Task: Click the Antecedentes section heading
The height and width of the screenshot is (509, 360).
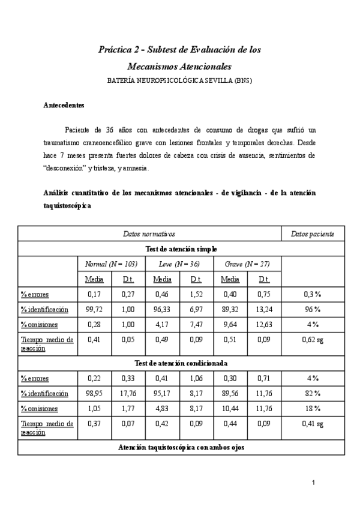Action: click(64, 105)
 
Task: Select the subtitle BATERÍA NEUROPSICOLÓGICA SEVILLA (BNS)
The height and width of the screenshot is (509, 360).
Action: click(180, 80)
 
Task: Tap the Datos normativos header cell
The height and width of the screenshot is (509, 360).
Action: click(149, 233)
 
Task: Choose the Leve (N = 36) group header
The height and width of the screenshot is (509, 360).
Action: click(179, 264)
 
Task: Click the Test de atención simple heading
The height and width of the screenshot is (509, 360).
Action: click(181, 248)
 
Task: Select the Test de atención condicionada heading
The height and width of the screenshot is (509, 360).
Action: click(181, 363)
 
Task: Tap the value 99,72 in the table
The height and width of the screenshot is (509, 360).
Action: click(94, 309)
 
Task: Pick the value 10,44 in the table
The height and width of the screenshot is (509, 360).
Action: click(230, 408)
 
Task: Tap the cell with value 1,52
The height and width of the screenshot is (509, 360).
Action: click(196, 294)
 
